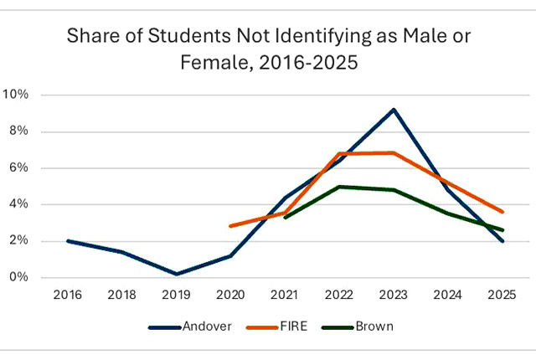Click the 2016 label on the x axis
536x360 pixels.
pos(68,295)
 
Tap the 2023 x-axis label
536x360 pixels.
pos(394,295)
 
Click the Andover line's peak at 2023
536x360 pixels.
pos(394,110)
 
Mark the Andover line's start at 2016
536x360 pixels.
pos(68,241)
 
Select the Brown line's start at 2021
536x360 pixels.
pos(286,218)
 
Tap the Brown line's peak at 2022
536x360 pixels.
pos(339,187)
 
